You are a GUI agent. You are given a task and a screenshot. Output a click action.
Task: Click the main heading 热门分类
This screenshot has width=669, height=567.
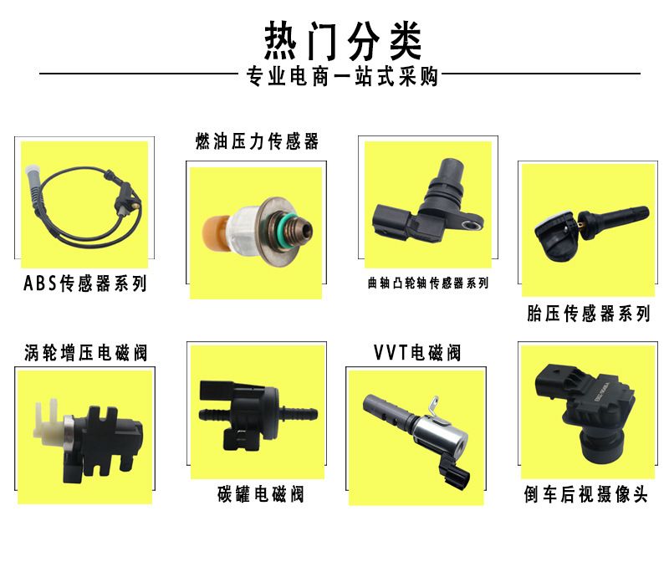coord(343,41)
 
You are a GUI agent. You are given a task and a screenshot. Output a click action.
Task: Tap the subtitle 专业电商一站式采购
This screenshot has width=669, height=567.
coord(342,76)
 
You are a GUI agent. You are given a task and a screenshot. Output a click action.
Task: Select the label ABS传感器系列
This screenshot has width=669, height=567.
coord(85,283)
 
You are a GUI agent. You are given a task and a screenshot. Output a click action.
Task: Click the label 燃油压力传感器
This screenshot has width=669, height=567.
coord(257,141)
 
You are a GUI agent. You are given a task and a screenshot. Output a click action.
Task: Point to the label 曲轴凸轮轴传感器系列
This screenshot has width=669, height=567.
coord(428,283)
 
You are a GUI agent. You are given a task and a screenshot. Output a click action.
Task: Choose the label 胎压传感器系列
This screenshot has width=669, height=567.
coord(589,314)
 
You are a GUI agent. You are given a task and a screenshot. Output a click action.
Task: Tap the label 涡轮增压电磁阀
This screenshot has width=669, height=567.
coord(86,353)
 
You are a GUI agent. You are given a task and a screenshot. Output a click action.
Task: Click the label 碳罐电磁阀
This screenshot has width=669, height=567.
coord(261,494)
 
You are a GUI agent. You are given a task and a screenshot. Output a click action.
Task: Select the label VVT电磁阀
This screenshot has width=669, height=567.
coord(416,353)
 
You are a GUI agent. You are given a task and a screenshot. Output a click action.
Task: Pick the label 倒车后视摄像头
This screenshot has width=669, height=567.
coord(586,494)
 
